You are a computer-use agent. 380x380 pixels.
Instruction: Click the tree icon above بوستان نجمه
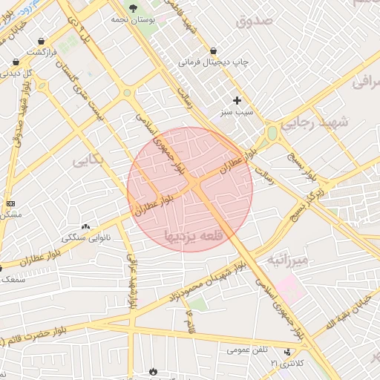(133, 7)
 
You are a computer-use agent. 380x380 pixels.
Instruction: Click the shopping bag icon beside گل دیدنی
(16, 62)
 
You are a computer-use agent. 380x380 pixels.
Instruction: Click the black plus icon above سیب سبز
(237, 100)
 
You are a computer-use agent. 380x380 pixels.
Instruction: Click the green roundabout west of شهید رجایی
(272, 134)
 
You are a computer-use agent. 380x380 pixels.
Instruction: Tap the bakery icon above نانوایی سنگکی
(86, 227)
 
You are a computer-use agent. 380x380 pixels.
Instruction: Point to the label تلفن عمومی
(248, 349)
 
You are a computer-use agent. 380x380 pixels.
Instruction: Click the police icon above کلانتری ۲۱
(288, 352)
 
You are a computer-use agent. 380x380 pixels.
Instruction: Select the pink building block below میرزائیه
(291, 288)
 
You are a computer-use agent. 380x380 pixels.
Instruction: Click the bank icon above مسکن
(10, 203)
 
